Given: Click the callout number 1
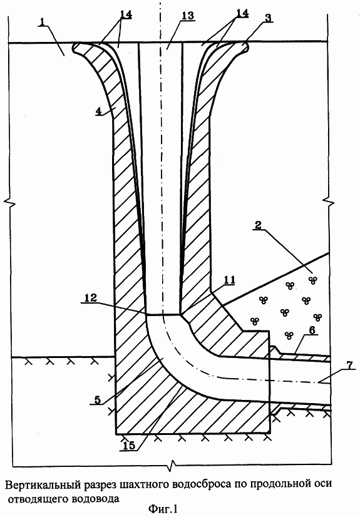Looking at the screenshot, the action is pos(42,22).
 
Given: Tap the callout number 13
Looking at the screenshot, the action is pos(187,16).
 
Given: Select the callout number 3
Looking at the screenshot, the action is pos(269,18).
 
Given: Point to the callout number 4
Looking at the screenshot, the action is pos(98,111).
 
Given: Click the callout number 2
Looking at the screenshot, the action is pos(258,225).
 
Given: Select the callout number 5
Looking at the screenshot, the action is pos(98,399).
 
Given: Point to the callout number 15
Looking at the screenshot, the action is pos(129,446).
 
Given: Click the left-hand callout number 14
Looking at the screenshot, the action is pos(126,14).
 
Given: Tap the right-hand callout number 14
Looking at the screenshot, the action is pos(242,13).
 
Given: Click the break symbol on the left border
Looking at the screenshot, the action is pos(12,201).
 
